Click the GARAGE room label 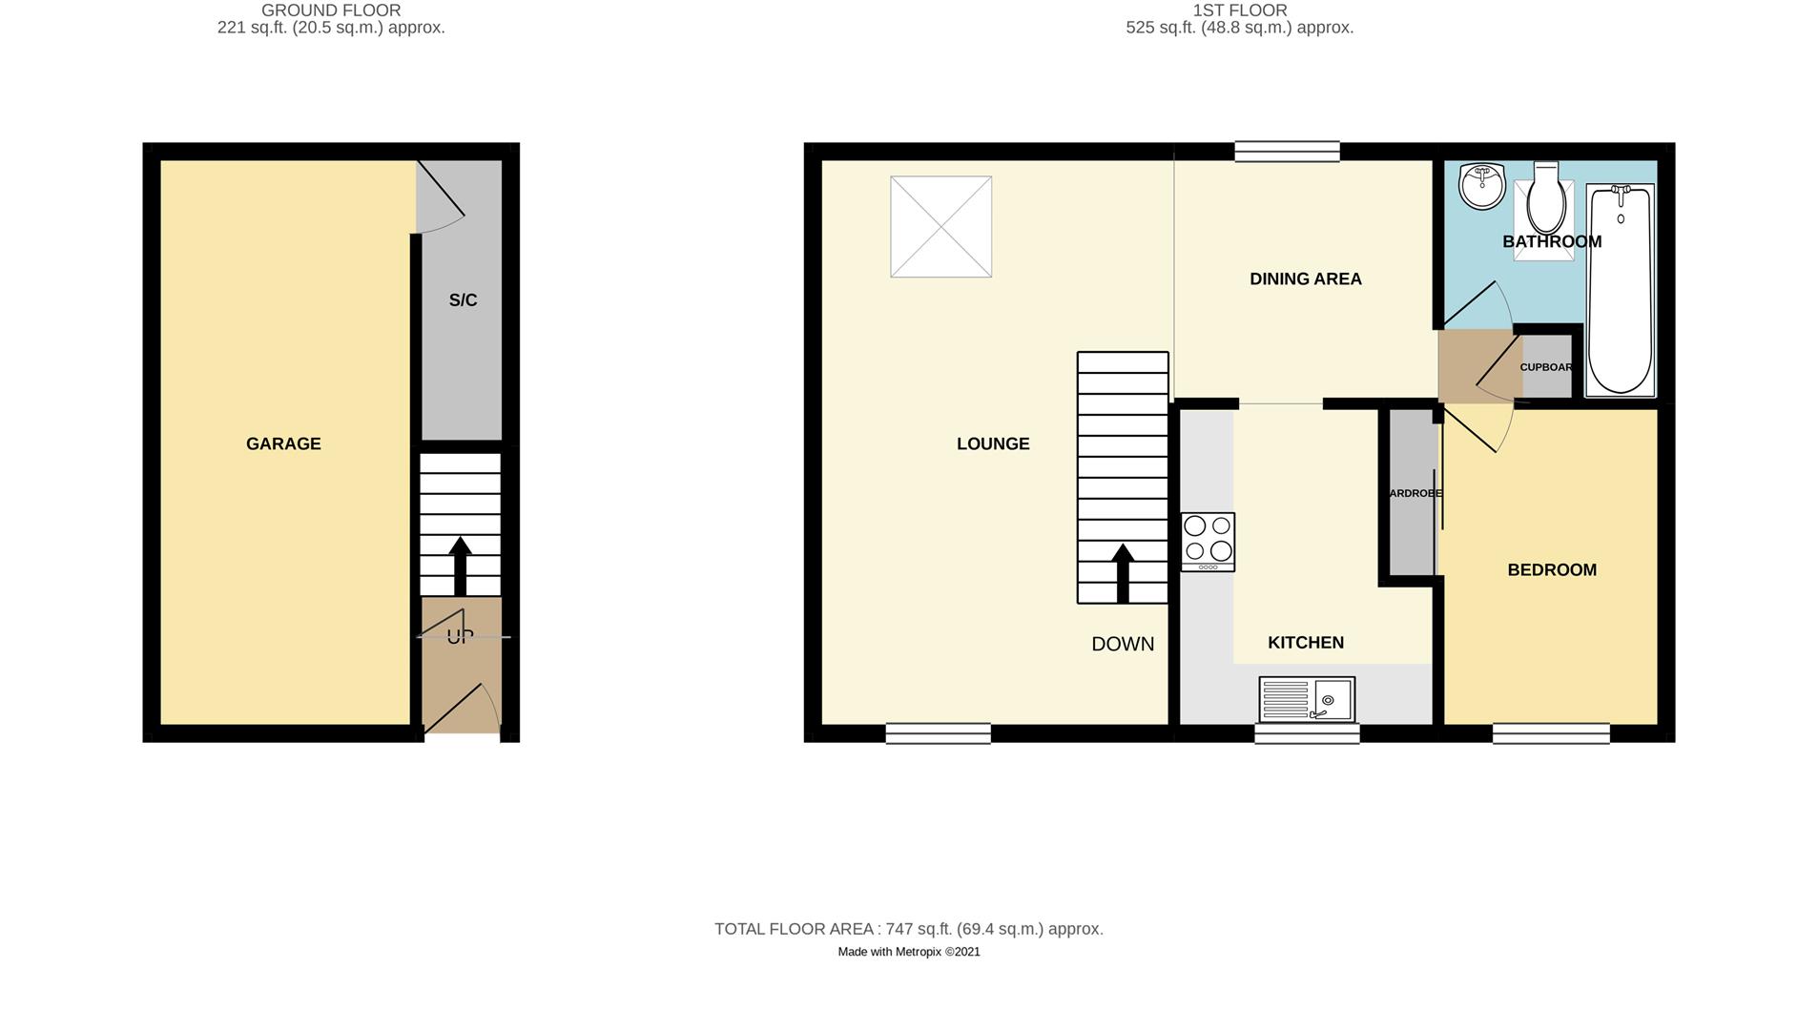(x=283, y=443)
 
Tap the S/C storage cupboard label (x=463, y=300)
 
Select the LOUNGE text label (x=993, y=443)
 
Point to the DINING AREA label (x=1305, y=278)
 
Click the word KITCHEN (x=1305, y=643)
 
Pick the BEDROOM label (x=1551, y=569)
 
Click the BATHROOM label (x=1551, y=241)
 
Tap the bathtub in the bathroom (x=1619, y=291)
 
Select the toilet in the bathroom (x=1545, y=200)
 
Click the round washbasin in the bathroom (x=1480, y=185)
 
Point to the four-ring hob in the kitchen (x=1208, y=542)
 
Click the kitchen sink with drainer (x=1306, y=700)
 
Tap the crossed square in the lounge (x=940, y=227)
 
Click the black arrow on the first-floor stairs (x=1123, y=572)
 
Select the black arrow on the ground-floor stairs (x=460, y=565)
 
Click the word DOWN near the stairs (x=1123, y=644)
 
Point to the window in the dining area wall (x=1287, y=151)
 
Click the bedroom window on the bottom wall (x=1550, y=733)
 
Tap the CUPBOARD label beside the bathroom (x=1545, y=367)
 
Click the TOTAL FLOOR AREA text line (x=908, y=929)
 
